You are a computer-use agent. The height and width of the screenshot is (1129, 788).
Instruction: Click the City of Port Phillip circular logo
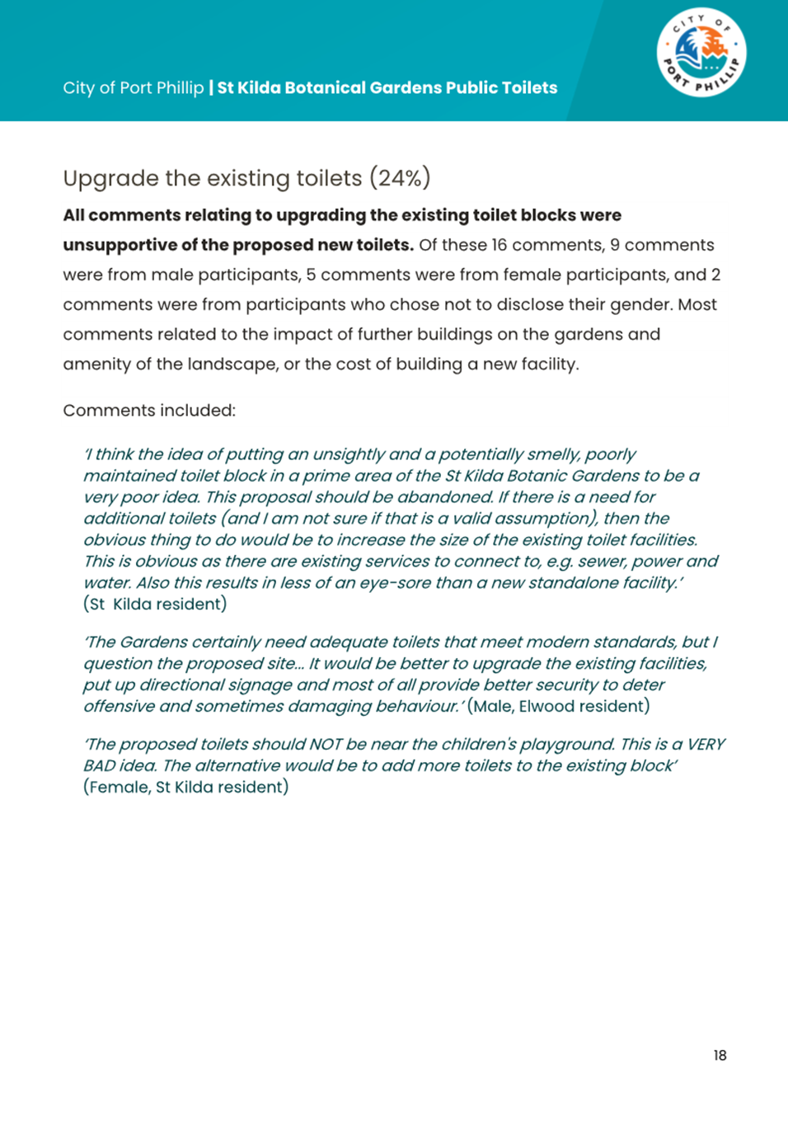point(701,53)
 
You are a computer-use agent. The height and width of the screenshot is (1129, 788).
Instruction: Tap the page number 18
point(720,1056)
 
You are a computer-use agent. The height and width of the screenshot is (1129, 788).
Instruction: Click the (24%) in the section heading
point(400,178)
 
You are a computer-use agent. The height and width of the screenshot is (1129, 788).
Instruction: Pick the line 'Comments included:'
point(149,411)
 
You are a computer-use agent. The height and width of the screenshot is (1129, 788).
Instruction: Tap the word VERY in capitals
point(706,744)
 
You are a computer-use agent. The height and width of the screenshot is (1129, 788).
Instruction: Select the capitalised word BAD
point(99,765)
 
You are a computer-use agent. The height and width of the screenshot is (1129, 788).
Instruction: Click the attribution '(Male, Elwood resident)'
point(558,706)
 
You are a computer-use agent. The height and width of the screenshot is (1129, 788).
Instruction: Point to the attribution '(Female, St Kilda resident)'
point(186,787)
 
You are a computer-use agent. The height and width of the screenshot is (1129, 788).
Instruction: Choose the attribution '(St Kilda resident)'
point(155,604)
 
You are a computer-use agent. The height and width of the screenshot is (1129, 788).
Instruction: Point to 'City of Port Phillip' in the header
point(133,88)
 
